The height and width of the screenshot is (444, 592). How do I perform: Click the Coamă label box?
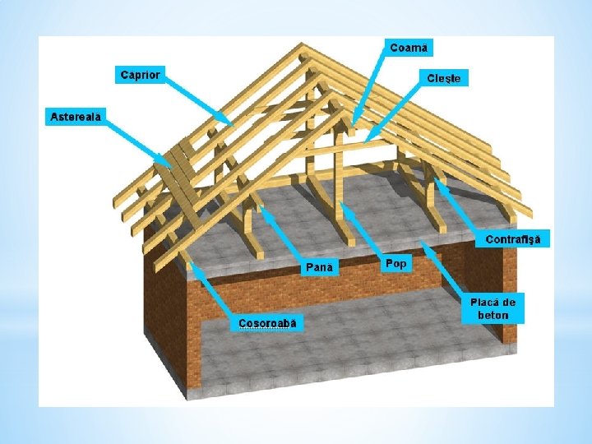[x=409, y=47]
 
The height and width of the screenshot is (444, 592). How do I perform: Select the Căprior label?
[x=140, y=75]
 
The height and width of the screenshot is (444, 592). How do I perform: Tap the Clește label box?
[x=445, y=78]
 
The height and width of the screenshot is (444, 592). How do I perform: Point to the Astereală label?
[x=73, y=117]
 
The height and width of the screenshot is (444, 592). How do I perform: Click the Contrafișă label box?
[x=514, y=239]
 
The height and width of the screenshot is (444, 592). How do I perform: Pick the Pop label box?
[x=395, y=263]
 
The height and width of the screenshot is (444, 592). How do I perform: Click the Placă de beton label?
[x=492, y=308]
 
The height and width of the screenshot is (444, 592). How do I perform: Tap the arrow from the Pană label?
[x=284, y=234]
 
